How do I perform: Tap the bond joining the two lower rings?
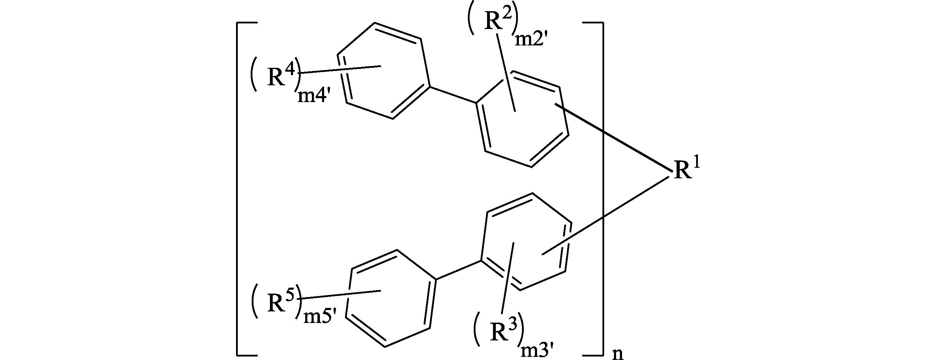[458, 270]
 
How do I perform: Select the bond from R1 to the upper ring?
[613, 137]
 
